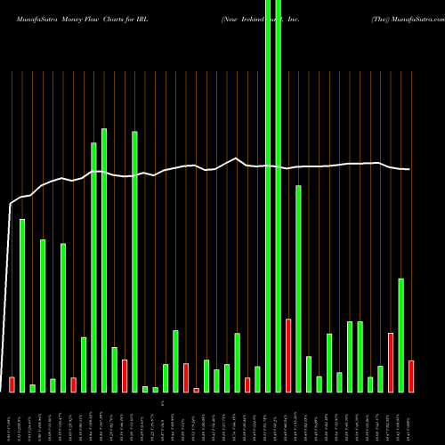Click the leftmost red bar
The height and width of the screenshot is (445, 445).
[12, 384]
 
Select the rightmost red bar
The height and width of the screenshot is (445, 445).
[410, 376]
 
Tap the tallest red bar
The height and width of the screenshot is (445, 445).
[288, 355]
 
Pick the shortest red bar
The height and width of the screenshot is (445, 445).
[196, 390]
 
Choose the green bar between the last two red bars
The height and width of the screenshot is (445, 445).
[400, 335]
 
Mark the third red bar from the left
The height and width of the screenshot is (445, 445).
[125, 376]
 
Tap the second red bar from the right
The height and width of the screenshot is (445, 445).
[390, 362]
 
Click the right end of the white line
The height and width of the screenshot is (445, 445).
[409, 169]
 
